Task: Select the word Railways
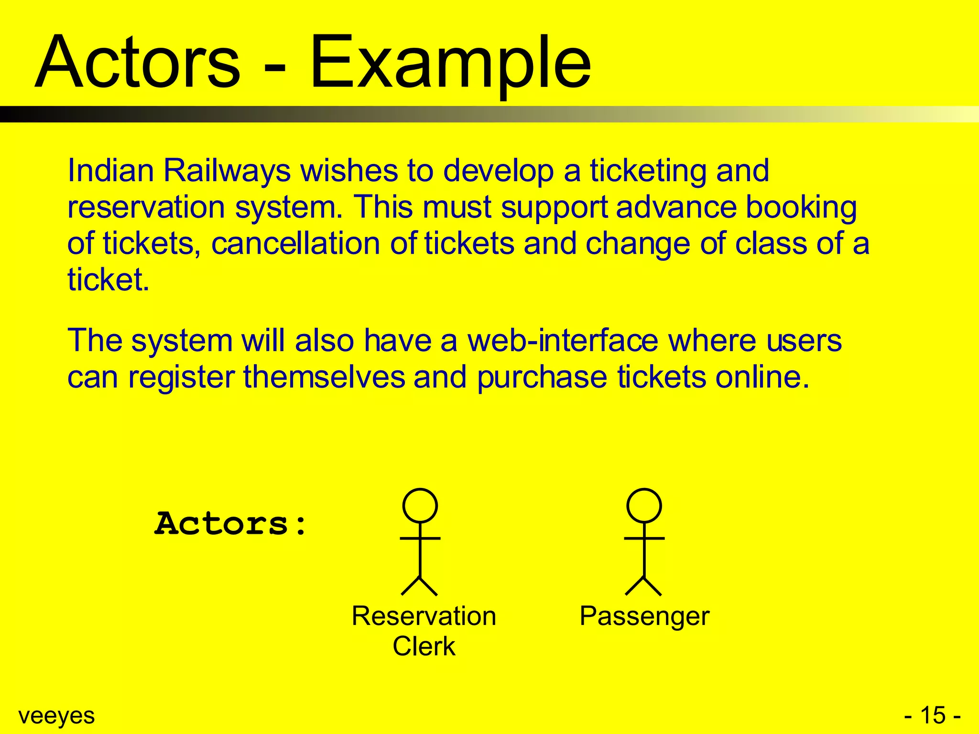point(227,171)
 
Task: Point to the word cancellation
point(296,243)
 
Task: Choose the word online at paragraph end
point(762,377)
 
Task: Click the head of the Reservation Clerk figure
point(420,506)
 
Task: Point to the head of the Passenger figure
point(644,506)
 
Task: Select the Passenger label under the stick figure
point(644,616)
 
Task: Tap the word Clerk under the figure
point(424,646)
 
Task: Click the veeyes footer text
point(56,716)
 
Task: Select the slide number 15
point(933,715)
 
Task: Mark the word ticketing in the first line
point(648,171)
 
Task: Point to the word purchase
point(542,378)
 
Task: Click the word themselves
point(324,377)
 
